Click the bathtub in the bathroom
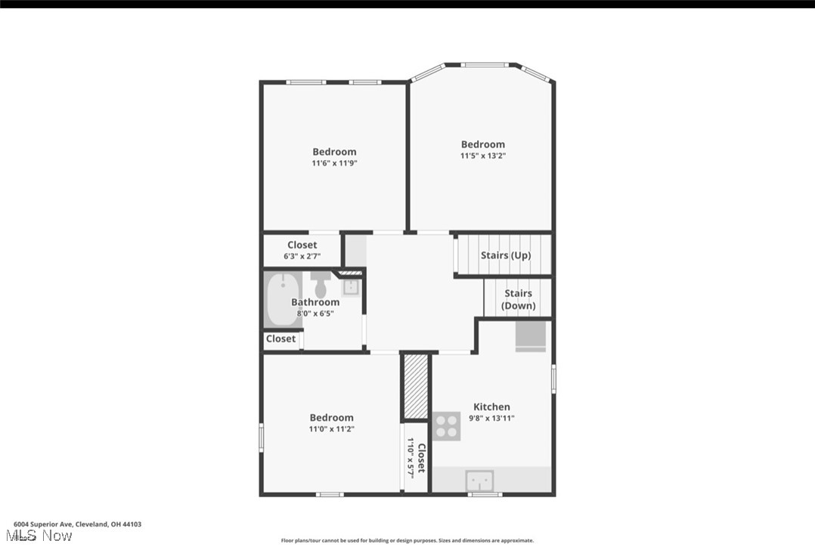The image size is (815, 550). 283,300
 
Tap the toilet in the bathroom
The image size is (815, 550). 320,284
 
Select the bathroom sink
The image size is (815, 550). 351,286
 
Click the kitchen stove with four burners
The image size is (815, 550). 447,426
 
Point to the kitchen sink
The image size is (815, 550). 479,480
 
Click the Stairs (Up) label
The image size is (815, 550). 506,255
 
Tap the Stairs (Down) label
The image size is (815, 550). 519,299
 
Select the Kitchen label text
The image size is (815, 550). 491,406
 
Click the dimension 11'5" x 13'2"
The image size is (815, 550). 483,156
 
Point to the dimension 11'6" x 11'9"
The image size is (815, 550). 334,162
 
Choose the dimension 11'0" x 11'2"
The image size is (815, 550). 331,429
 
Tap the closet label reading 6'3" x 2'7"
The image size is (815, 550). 302,256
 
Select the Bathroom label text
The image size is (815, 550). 315,302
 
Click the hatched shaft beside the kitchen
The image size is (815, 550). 415,386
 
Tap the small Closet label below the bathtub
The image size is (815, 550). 280,338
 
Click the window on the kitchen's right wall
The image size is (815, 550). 553,379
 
